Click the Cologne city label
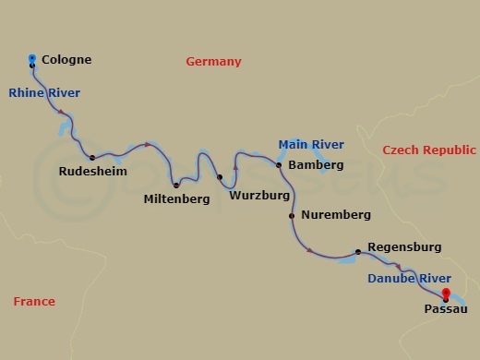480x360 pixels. click(x=67, y=60)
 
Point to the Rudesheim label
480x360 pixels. click(x=92, y=172)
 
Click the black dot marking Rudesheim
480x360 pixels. click(x=92, y=158)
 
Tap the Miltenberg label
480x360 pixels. click(x=177, y=198)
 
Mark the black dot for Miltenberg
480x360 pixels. click(x=175, y=186)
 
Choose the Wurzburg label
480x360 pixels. click(x=260, y=197)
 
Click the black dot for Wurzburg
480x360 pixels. click(x=220, y=177)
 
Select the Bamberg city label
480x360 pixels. click(x=316, y=165)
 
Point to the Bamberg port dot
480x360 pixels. click(x=279, y=165)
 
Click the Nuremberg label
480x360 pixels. click(x=336, y=215)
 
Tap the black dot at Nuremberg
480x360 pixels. click(x=292, y=216)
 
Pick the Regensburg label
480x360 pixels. click(x=403, y=247)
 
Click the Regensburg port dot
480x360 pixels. click(x=358, y=251)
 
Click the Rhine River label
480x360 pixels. click(x=44, y=92)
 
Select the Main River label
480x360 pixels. click(x=311, y=144)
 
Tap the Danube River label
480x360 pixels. click(x=409, y=279)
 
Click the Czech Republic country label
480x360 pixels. click(x=429, y=150)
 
